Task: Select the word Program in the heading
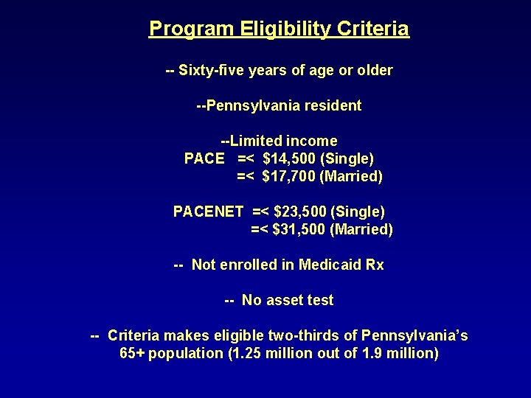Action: (190, 29)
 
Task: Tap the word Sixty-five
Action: (207, 71)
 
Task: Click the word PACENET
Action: (208, 212)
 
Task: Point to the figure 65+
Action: (133, 354)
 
